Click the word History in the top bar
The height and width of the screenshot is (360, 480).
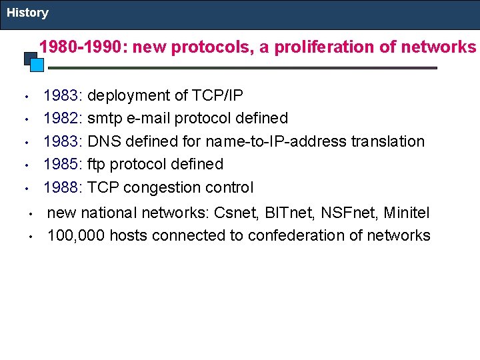[x=27, y=13]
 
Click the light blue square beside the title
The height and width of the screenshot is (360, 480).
[x=37, y=65]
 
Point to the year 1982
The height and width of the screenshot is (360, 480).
[x=60, y=119]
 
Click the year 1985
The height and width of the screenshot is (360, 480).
[x=60, y=164]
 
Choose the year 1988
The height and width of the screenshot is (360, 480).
[x=60, y=187]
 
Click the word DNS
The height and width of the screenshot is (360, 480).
[x=103, y=141]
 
